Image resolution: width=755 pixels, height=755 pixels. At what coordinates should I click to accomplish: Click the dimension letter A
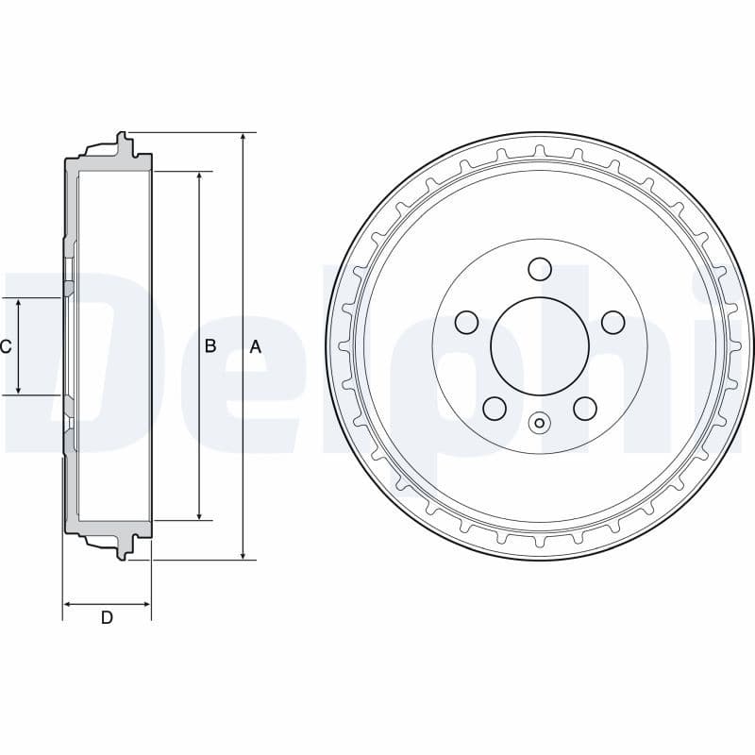255,346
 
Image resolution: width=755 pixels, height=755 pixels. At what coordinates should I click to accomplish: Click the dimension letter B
210,346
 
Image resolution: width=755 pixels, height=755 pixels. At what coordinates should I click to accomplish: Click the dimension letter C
6,346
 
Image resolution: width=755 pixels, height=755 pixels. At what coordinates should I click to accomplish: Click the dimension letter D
107,618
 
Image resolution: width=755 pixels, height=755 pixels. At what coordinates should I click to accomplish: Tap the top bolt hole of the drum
540,269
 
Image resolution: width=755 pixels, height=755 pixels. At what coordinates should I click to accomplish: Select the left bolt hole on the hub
466,323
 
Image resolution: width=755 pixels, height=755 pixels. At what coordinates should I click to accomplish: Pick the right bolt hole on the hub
613,323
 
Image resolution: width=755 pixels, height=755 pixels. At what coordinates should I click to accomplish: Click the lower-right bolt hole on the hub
585,408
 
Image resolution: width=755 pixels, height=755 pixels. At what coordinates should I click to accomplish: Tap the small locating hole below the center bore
540,423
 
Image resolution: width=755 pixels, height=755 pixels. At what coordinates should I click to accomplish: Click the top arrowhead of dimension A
243,138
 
